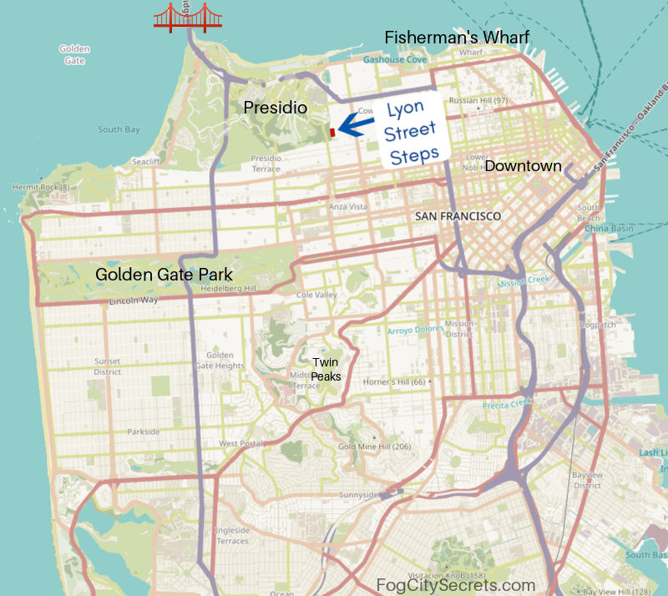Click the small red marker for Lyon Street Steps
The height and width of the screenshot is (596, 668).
click(332, 132)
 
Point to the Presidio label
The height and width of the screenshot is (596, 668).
click(276, 108)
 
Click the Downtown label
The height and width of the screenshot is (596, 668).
click(523, 166)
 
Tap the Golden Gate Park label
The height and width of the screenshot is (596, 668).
click(164, 274)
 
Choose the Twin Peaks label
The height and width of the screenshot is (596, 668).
click(326, 368)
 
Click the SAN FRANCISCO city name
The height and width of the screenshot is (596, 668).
click(458, 216)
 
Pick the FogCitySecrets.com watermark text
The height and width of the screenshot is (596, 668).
click(456, 585)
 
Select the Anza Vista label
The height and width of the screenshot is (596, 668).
click(348, 206)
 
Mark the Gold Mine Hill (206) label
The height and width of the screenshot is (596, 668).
click(374, 447)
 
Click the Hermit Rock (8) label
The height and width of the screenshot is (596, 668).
click(41, 187)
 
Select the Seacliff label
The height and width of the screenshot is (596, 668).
click(145, 162)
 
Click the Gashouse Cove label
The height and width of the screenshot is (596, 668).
click(395, 60)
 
